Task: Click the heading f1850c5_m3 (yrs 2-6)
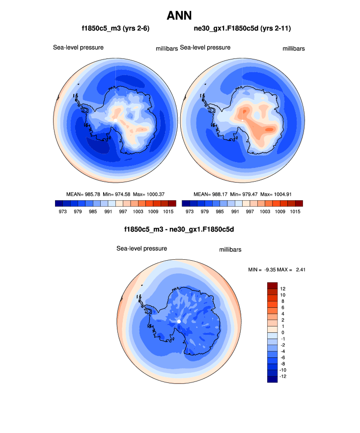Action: point(115,29)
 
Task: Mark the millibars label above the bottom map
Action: point(230,250)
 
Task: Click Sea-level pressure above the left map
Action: point(78,48)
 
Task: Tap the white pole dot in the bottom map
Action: point(179,321)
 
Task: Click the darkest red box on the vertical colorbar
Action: point(273,286)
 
